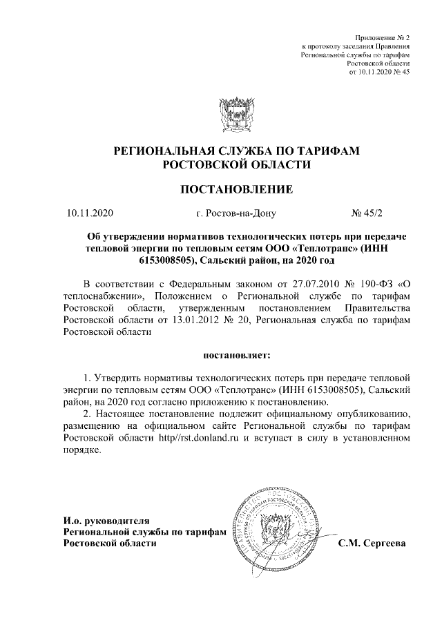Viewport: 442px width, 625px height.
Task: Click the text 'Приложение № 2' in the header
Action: [x=382, y=36]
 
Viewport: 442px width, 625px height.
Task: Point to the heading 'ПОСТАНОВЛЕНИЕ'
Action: [x=237, y=189]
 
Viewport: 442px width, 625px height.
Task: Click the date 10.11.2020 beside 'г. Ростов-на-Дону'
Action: [x=89, y=213]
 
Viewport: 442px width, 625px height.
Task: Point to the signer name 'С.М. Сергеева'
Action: [x=372, y=544]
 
